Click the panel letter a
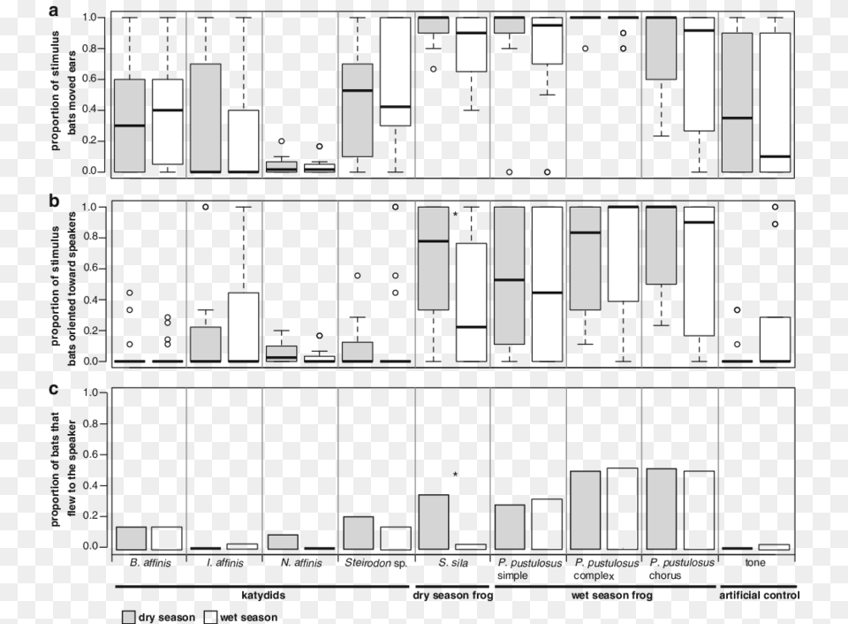[x=55, y=11]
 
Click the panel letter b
[x=55, y=202]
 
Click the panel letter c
[x=55, y=390]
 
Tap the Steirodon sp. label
[x=375, y=562]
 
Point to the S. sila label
[x=452, y=562]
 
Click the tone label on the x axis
[x=756, y=562]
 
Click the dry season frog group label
[x=452, y=596]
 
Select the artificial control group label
[x=759, y=596]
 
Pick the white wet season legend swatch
[x=212, y=616]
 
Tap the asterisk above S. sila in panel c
[x=456, y=476]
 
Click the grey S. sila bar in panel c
[x=433, y=521]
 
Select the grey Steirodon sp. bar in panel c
[x=358, y=533]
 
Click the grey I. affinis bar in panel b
[x=206, y=344]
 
